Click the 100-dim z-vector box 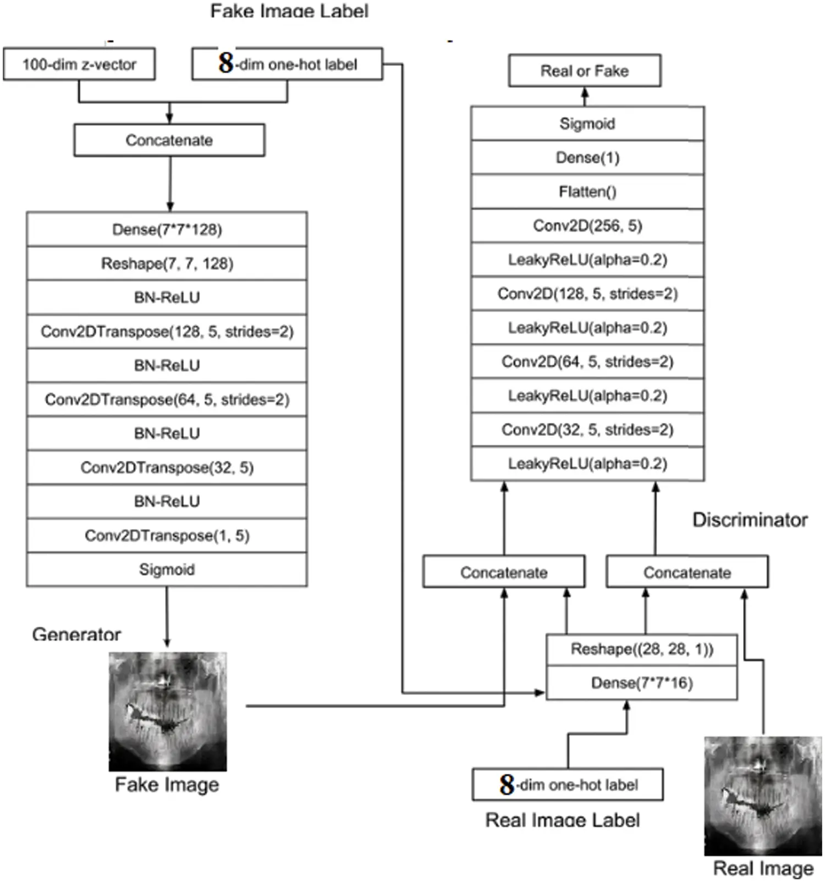click(79, 64)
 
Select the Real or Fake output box click(585, 71)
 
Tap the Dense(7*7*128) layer click(167, 229)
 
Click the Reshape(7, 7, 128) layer click(167, 263)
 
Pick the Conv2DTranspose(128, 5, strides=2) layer click(167, 332)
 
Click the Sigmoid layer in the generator click(167, 569)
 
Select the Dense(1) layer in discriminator click(587, 158)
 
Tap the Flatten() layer click(587, 192)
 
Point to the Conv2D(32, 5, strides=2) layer click(587, 429)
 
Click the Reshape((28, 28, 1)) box click(642, 649)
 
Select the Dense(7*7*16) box click(642, 683)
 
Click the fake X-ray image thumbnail click(168, 712)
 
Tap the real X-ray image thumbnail click(763, 796)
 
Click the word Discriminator click(750, 520)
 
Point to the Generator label click(76, 634)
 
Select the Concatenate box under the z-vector click(169, 140)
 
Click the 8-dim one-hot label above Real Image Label click(568, 785)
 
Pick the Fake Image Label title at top click(289, 10)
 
